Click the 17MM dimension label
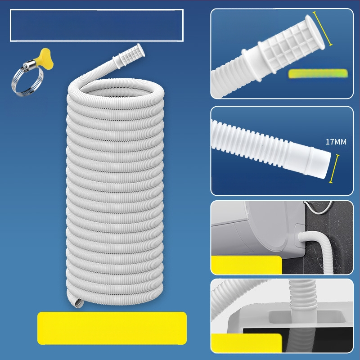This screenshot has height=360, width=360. tap(336, 142)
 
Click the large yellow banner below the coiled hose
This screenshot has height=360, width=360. tap(112, 328)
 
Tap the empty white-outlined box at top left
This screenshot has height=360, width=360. tap(97, 25)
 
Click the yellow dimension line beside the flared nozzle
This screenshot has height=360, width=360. tap(323, 28)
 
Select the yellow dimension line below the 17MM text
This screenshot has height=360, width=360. tap(334, 169)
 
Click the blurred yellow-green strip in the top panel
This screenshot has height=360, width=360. tap(318, 73)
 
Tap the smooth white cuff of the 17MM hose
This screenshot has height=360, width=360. tap(308, 160)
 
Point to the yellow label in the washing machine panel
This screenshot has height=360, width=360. tap(246, 265)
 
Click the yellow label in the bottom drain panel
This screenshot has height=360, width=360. tap(246, 343)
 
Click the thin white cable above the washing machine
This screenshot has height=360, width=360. tap(318, 208)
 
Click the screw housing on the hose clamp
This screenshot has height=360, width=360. tap(29, 64)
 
